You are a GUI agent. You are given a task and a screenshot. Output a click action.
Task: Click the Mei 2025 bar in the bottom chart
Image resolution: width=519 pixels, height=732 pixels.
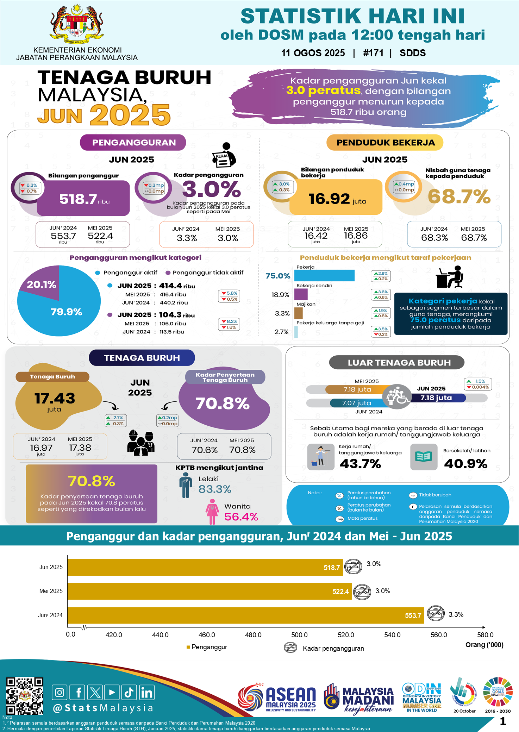[210, 591]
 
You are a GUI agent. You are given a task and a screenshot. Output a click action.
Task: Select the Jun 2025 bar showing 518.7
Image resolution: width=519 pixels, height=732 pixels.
[205, 567]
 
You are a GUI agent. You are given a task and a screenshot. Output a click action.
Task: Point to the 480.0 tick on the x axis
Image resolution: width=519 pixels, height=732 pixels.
[253, 635]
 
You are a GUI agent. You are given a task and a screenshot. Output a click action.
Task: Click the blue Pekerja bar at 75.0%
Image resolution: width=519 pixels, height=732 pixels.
[324, 276]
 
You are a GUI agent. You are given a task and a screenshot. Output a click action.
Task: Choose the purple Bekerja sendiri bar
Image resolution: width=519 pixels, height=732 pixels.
[301, 294]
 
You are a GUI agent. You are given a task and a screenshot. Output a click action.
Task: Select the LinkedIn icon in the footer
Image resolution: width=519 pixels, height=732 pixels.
[147, 693]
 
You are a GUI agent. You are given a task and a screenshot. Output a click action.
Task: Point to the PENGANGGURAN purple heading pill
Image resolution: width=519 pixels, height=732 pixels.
[133, 143]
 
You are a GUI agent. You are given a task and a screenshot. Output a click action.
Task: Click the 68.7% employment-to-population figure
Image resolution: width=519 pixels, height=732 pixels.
[459, 196]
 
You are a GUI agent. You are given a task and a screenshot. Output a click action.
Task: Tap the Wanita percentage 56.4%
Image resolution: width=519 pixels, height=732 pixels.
[241, 517]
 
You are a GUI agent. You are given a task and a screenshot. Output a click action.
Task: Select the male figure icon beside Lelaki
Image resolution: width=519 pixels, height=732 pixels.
[185, 485]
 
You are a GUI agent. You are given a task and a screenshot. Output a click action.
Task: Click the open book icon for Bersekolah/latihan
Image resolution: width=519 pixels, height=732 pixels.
[424, 457]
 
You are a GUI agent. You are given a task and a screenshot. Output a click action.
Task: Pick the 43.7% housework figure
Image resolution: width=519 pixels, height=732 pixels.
[360, 464]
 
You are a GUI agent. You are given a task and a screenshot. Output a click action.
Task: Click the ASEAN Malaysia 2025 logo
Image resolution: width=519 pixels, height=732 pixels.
[278, 698]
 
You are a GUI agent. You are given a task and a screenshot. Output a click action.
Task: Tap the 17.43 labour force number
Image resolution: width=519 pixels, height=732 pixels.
[55, 399]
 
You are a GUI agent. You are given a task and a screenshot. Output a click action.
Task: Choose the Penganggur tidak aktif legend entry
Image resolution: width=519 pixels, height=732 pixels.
[205, 273]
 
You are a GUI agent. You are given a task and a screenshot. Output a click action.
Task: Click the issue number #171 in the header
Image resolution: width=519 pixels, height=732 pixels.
[373, 53]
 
